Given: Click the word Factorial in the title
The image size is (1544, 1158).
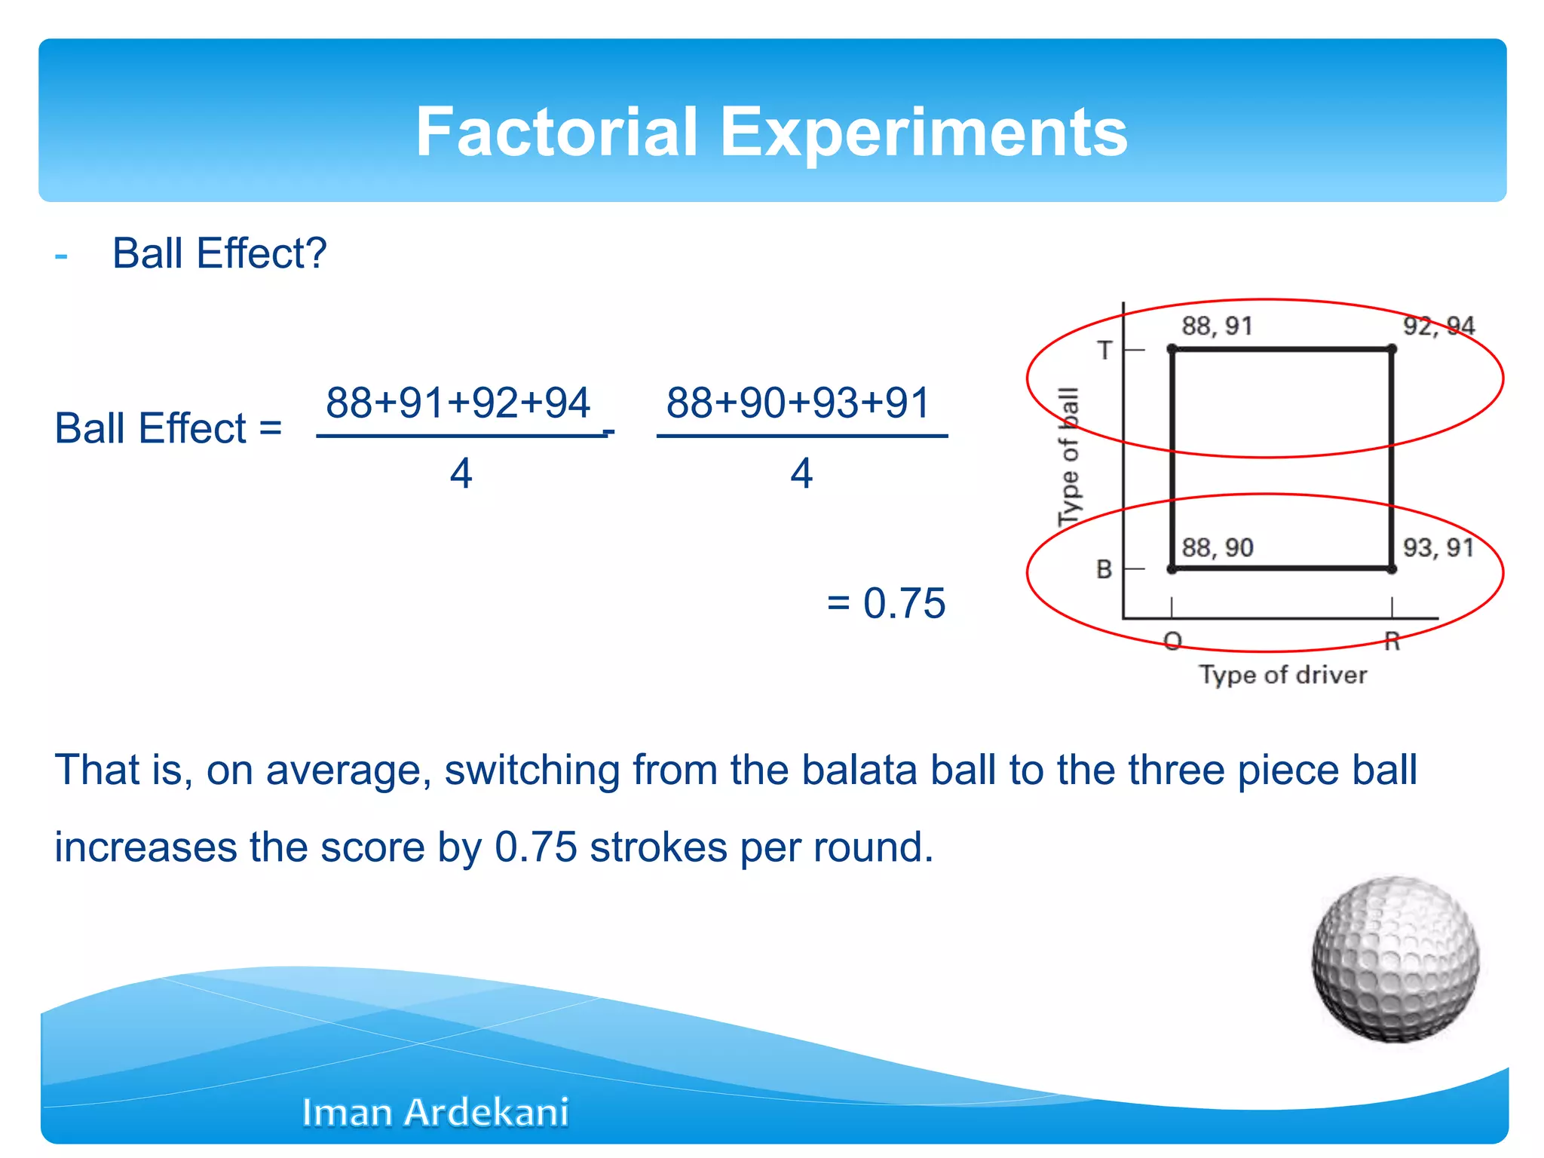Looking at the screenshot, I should (x=557, y=132).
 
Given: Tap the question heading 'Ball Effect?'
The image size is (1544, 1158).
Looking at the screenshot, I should (x=219, y=253).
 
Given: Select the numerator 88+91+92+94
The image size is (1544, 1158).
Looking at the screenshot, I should (x=458, y=403).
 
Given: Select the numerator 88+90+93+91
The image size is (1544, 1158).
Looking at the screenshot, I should (x=798, y=403).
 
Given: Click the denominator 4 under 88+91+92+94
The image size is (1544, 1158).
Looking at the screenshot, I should (x=461, y=474).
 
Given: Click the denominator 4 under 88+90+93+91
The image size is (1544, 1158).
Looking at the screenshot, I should (x=801, y=474).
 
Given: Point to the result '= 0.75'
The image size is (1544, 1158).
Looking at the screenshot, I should (x=886, y=603).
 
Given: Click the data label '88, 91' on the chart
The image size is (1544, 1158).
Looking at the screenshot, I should (x=1217, y=326).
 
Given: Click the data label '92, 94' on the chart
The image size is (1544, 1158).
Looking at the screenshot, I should (x=1438, y=326).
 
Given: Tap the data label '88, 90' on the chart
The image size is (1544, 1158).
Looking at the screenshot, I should (x=1217, y=548).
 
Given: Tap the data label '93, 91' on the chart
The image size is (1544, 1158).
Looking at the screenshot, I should (x=1438, y=548).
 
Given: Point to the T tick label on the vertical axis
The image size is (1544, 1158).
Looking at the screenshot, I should (x=1104, y=351).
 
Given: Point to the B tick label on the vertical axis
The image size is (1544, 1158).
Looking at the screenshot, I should (x=1104, y=569).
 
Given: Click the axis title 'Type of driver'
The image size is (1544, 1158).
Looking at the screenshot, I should (x=1283, y=675).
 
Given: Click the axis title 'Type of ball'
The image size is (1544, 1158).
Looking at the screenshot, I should (x=1069, y=457).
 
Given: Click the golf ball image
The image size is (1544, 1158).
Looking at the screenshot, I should (x=1395, y=959).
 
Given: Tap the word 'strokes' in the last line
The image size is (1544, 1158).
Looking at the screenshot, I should (x=658, y=847).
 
